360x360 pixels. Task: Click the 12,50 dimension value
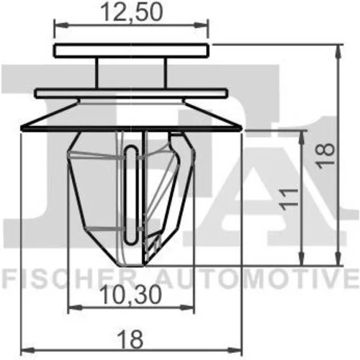tap(132, 12)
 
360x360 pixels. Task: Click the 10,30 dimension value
tap(130, 295)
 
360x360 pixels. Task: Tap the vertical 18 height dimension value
tap(325, 156)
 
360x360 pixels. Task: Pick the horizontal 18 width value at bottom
tap(131, 340)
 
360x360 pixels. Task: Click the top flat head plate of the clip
tap(131, 50)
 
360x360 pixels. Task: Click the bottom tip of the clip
tap(131, 266)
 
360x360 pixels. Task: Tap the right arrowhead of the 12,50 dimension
tap(200, 25)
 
